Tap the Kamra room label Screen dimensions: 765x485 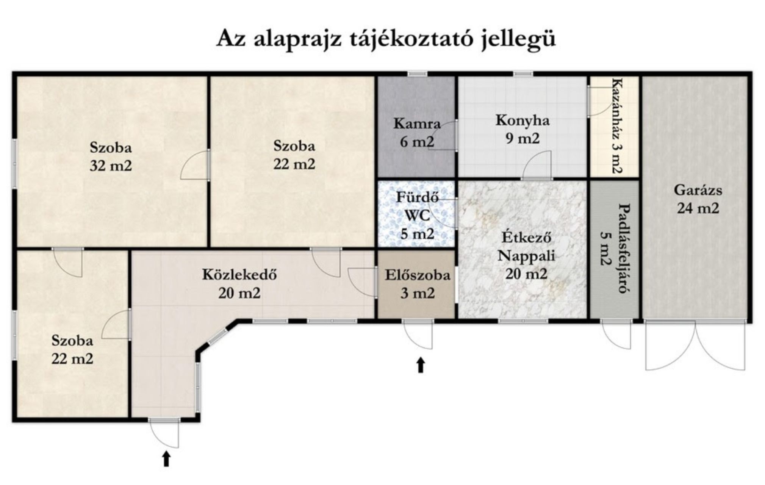(x=417, y=124)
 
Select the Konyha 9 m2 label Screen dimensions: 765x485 (x=523, y=130)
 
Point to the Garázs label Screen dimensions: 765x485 (x=698, y=190)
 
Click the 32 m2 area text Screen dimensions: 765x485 (x=111, y=166)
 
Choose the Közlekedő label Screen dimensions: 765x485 (x=239, y=274)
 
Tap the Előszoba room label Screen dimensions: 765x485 (x=418, y=275)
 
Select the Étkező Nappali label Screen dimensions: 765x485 (x=526, y=247)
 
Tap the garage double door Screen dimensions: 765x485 (x=695, y=344)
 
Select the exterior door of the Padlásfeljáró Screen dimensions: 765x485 (x=616, y=334)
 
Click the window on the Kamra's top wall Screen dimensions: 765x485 (x=417, y=74)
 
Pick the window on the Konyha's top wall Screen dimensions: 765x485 (x=523, y=74)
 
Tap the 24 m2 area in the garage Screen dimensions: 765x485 (x=698, y=208)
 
